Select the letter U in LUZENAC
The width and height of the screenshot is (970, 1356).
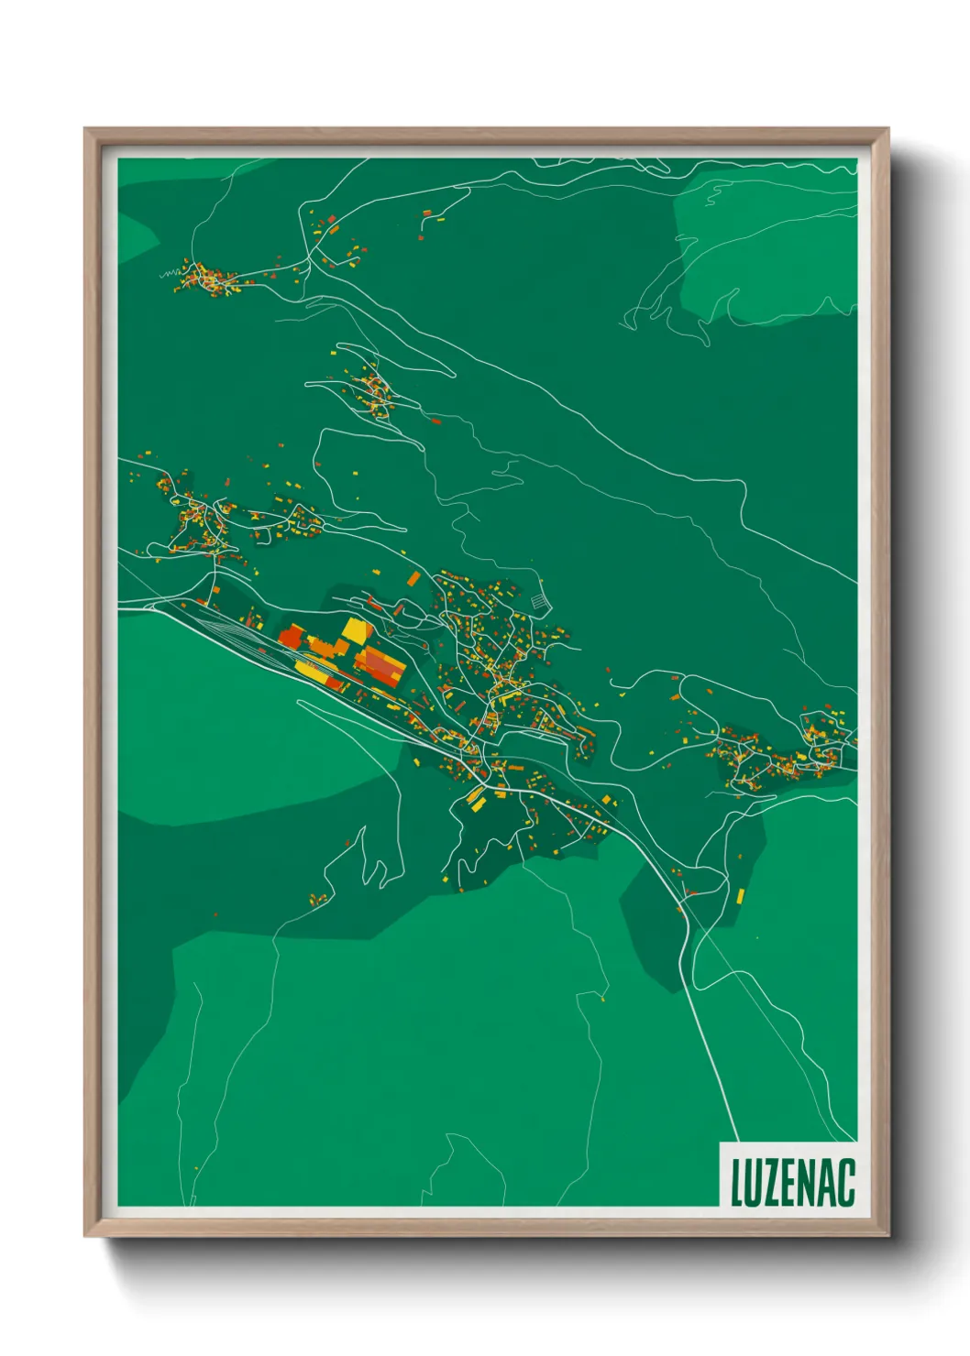pyautogui.click(x=754, y=1182)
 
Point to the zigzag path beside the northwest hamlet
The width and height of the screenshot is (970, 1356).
pyautogui.click(x=170, y=273)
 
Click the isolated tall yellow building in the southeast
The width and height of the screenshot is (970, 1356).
pyautogui.click(x=740, y=894)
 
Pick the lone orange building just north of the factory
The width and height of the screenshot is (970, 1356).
pyautogui.click(x=413, y=578)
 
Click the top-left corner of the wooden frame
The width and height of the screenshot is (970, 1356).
pyautogui.click(x=86, y=130)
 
